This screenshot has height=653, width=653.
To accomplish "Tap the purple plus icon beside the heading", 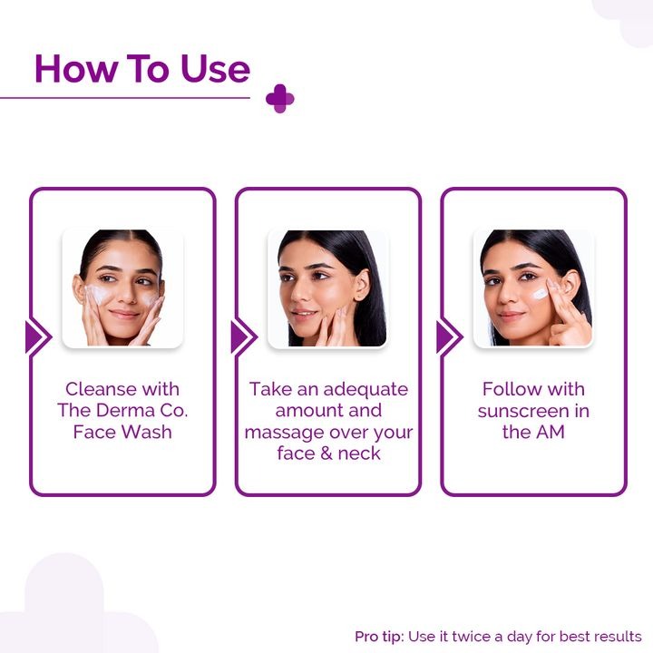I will [280, 99].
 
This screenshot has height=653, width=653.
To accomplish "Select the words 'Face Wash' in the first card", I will [122, 432].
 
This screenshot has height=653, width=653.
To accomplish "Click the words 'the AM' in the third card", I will [533, 432].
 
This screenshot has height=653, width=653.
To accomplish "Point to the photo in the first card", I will [122, 288].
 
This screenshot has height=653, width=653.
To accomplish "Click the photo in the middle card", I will [328, 288].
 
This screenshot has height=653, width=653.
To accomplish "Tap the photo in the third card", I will [533, 288].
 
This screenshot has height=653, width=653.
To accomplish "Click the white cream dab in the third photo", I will [540, 293].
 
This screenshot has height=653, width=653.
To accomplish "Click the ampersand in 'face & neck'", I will [328, 453].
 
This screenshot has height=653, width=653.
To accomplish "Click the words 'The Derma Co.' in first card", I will [122, 411].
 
